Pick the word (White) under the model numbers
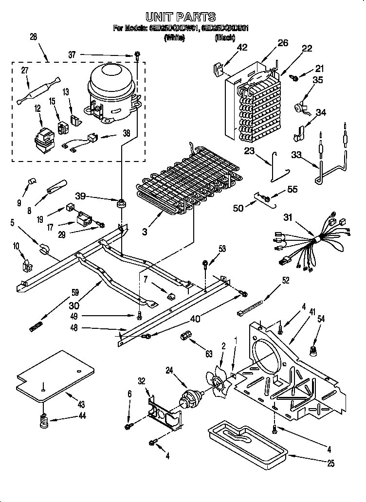pos(175,36)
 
